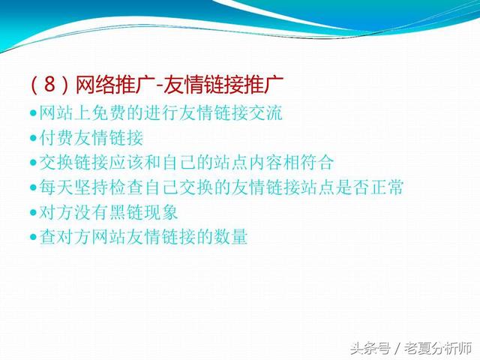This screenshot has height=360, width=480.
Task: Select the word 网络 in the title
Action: (x=94, y=84)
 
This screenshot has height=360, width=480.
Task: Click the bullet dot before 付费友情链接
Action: (x=33, y=138)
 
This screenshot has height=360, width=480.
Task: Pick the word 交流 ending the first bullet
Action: (x=265, y=112)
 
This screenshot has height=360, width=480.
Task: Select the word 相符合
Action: (x=308, y=163)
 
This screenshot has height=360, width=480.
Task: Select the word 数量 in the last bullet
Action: (x=230, y=237)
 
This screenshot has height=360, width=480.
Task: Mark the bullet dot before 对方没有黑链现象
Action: (x=33, y=212)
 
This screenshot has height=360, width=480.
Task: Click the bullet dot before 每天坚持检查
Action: (x=33, y=187)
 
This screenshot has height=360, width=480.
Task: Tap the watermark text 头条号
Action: (x=370, y=348)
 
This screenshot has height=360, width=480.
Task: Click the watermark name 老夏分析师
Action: (x=438, y=348)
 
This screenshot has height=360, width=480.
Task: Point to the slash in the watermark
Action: (x=397, y=349)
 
